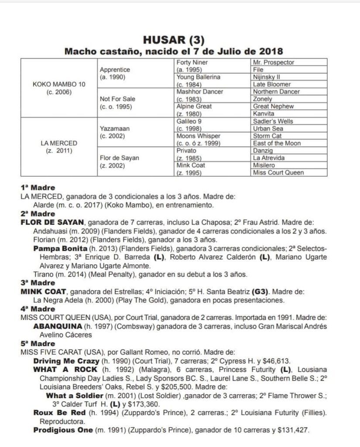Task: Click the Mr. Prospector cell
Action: coord(274,62)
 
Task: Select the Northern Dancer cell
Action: coord(276,92)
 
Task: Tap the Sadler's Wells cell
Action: coord(273,121)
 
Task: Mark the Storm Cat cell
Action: coord(267,136)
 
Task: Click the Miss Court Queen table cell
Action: coord(278,172)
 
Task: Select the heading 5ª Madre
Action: coord(38,343)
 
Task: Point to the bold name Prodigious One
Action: coord(63,430)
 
